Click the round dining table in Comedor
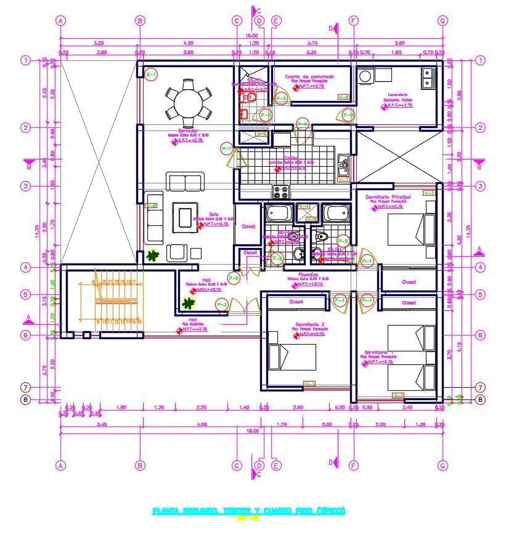pyautogui.click(x=189, y=102)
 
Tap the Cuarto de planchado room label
pyautogui.click(x=309, y=76)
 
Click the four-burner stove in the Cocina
pyautogui.click(x=281, y=192)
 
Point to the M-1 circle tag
pyautogui.click(x=151, y=74)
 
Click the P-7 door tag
pyautogui.click(x=227, y=149)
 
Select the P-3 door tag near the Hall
pyautogui.click(x=221, y=304)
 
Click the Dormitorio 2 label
pyautogui.click(x=309, y=324)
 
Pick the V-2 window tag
pyautogui.click(x=430, y=193)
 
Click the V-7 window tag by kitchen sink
pyautogui.click(x=344, y=179)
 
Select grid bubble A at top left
pyautogui.click(x=60, y=20)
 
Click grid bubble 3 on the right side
pyautogui.click(x=481, y=186)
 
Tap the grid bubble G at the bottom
pyautogui.click(x=442, y=466)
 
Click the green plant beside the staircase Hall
pyautogui.click(x=188, y=303)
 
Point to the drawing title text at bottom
pyautogui.click(x=249, y=510)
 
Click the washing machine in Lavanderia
pyautogui.click(x=365, y=76)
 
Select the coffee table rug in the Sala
pyautogui.click(x=185, y=217)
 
